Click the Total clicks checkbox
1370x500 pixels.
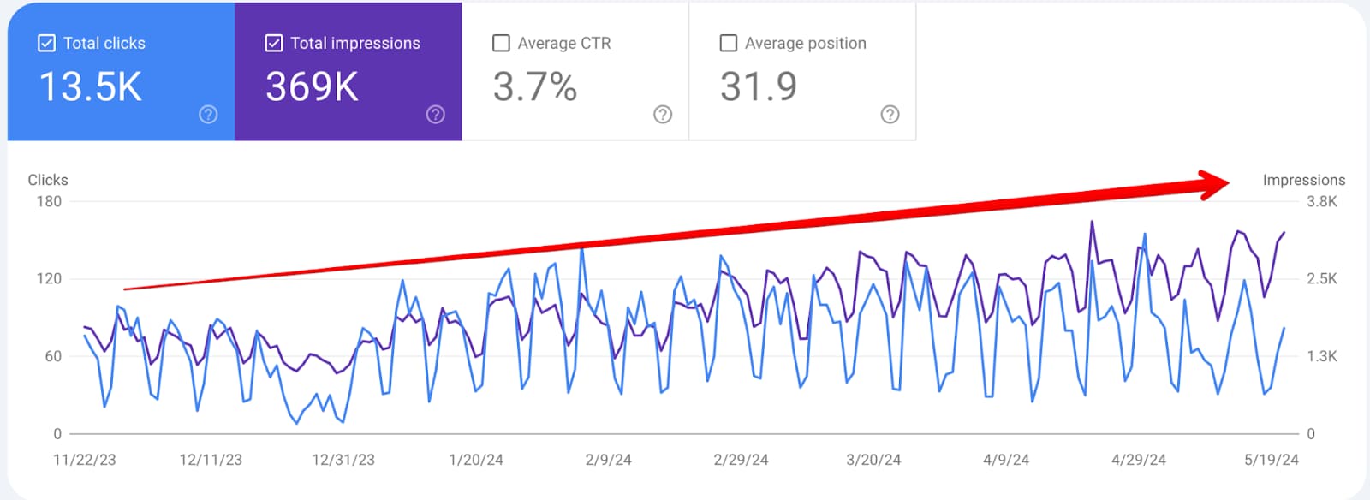47,43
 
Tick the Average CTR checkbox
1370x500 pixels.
502,43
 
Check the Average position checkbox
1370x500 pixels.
729,43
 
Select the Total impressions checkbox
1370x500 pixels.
274,43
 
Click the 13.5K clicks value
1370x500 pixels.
91,87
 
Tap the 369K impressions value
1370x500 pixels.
312,87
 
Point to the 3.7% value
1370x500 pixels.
535,87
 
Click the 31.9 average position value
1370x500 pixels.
759,87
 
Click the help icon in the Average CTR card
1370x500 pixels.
663,115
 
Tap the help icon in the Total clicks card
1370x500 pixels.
208,115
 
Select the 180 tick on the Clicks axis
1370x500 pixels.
49,202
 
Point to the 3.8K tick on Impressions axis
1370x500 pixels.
1321,202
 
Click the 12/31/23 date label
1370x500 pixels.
343,460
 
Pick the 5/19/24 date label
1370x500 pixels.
1271,460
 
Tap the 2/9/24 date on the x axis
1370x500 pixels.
609,460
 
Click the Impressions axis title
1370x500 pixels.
1303,180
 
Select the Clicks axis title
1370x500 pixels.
48,180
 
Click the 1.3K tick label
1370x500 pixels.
1321,356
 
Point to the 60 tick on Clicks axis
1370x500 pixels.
53,356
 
